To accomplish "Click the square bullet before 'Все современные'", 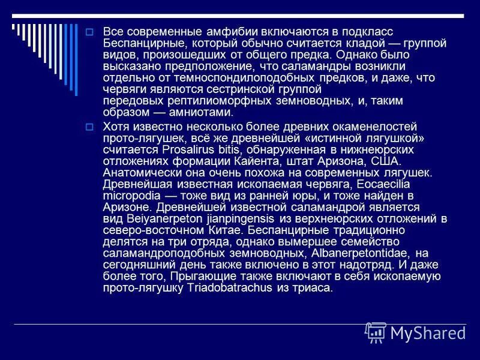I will [x=89, y=32].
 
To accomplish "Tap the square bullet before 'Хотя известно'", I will [x=89, y=127].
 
